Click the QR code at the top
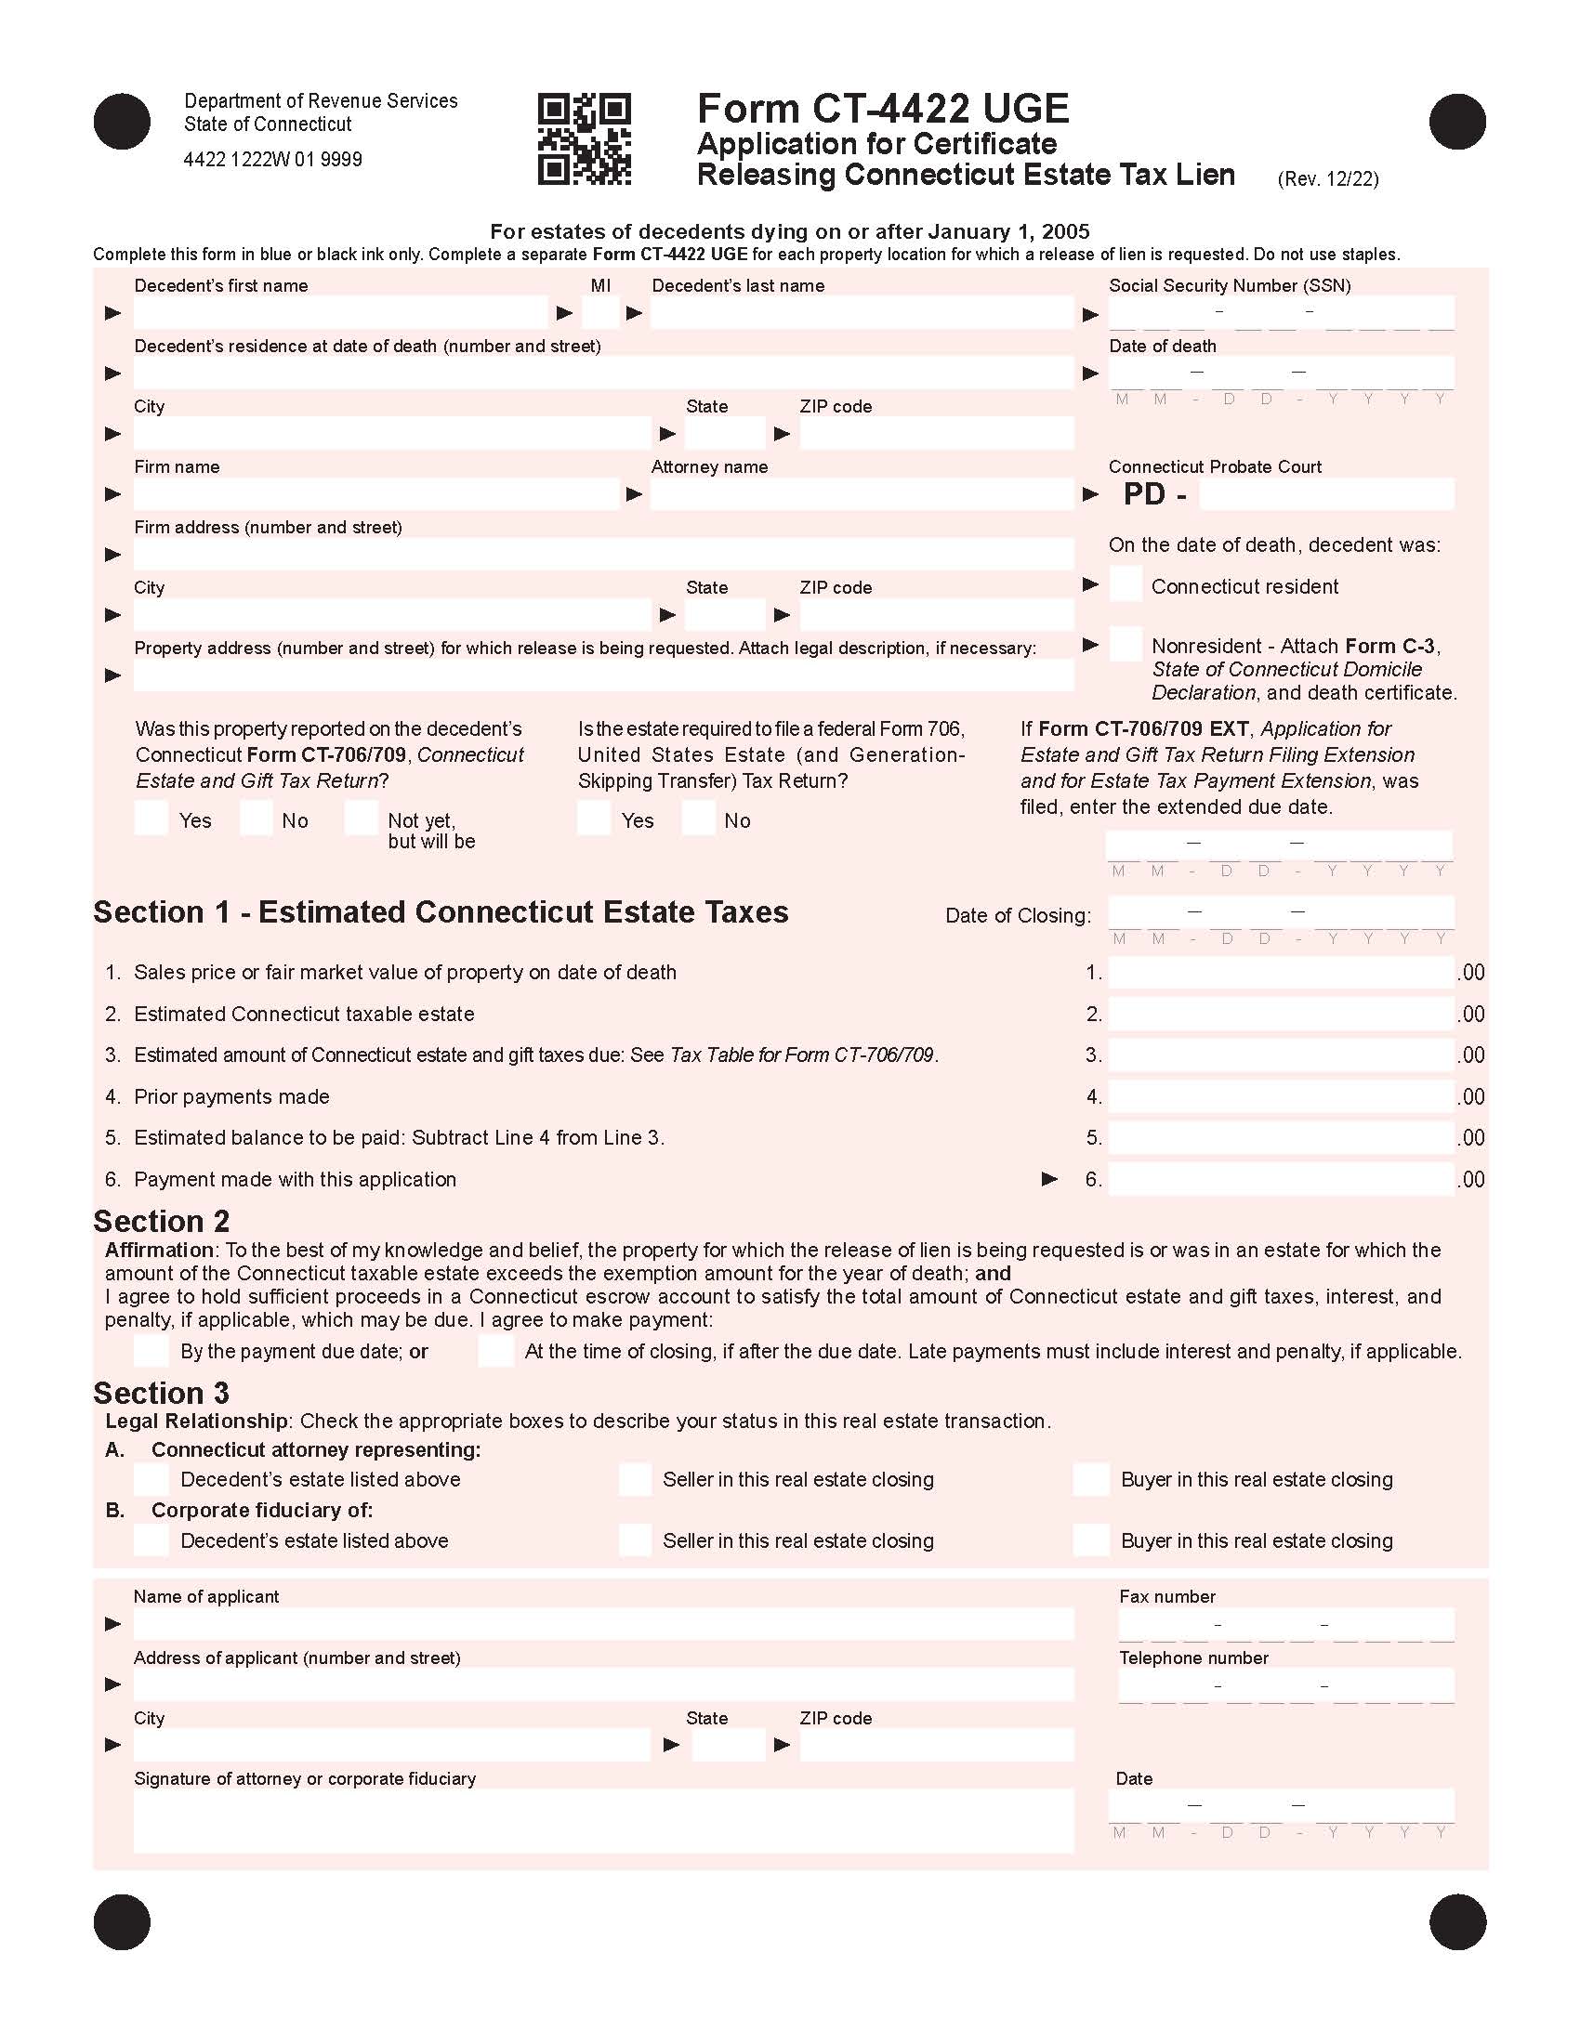(584, 138)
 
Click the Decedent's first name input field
(340, 312)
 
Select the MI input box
(600, 312)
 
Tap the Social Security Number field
(1281, 312)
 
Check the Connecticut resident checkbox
(1126, 584)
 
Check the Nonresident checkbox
(1126, 645)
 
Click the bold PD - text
(1154, 494)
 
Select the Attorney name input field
(862, 494)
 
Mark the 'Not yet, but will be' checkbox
(362, 818)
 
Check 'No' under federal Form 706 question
(698, 818)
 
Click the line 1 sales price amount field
(1281, 973)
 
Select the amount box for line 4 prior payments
(1281, 1096)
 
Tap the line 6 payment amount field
(1281, 1179)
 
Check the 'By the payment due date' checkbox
(151, 1351)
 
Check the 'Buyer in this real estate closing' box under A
(1090, 1479)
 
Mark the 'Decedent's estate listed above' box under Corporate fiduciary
(151, 1540)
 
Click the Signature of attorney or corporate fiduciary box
(603, 1820)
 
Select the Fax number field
(1286, 1624)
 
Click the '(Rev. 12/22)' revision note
(1327, 178)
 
